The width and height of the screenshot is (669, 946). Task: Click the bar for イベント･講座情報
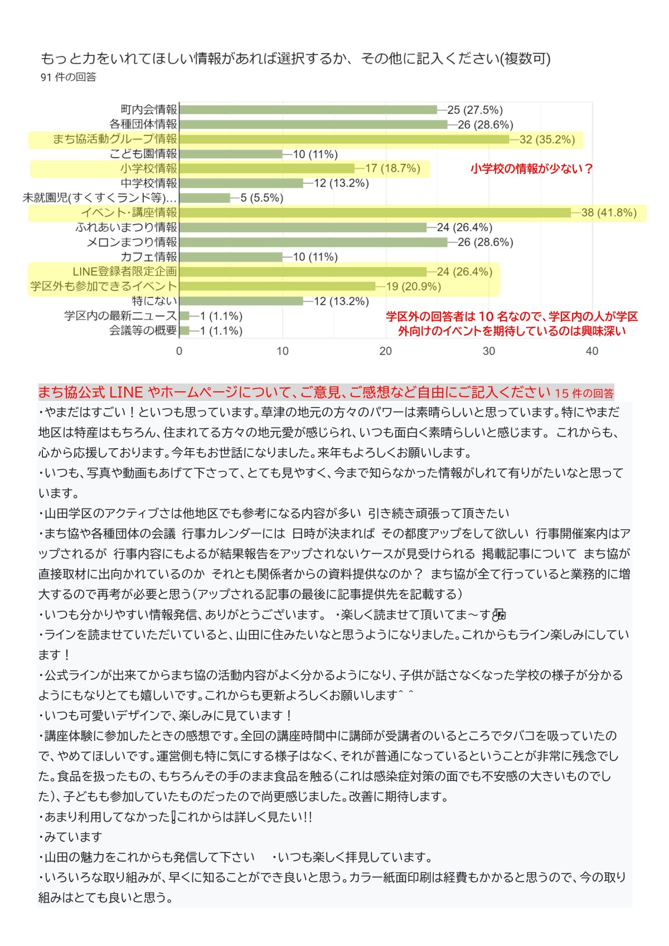375,212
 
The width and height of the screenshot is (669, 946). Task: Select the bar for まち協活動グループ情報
345,139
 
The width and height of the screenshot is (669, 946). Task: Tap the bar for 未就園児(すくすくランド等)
205,198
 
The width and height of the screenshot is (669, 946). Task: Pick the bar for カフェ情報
231,257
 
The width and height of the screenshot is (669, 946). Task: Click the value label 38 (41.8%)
609,212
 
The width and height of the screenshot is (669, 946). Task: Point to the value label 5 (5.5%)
261,198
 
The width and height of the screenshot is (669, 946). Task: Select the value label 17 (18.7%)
392,168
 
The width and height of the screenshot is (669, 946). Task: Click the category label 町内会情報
149,109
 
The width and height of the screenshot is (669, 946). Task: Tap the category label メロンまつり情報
132,242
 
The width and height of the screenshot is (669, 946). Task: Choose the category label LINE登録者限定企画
125,271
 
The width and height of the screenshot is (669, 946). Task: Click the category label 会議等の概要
143,331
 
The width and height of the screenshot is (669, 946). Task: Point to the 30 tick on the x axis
489,351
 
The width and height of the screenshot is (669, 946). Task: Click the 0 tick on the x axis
179,351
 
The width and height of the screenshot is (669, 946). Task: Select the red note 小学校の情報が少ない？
532,168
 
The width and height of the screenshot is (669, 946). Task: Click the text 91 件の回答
68,77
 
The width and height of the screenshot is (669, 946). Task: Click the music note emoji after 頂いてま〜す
499,614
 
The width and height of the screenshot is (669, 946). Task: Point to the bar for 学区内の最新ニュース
185,316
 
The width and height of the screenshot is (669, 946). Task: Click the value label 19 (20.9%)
413,287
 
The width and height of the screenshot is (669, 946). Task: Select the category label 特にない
154,301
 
